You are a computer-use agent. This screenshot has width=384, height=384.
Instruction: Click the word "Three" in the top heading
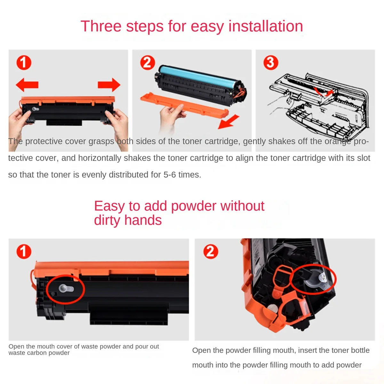pos(101,26)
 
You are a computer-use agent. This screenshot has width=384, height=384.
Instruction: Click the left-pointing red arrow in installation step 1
pos(27,85)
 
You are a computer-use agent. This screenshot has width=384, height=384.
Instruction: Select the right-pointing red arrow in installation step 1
pos(109,85)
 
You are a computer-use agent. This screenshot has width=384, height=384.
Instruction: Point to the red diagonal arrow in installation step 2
pos(228,122)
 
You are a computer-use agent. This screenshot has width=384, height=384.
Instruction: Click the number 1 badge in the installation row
pos(24,62)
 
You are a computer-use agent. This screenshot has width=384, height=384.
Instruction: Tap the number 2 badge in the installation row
pos(148,62)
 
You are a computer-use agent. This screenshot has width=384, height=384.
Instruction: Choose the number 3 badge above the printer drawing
pos(271,62)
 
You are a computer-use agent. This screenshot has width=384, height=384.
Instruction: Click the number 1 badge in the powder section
pos(24,252)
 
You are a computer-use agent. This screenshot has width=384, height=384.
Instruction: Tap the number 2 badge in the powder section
pos(211,252)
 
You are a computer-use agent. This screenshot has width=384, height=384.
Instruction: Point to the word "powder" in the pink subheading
pos(194,206)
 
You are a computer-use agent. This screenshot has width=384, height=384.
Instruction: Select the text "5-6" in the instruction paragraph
pos(170,175)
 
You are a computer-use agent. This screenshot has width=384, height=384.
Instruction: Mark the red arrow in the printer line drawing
pos(323,92)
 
